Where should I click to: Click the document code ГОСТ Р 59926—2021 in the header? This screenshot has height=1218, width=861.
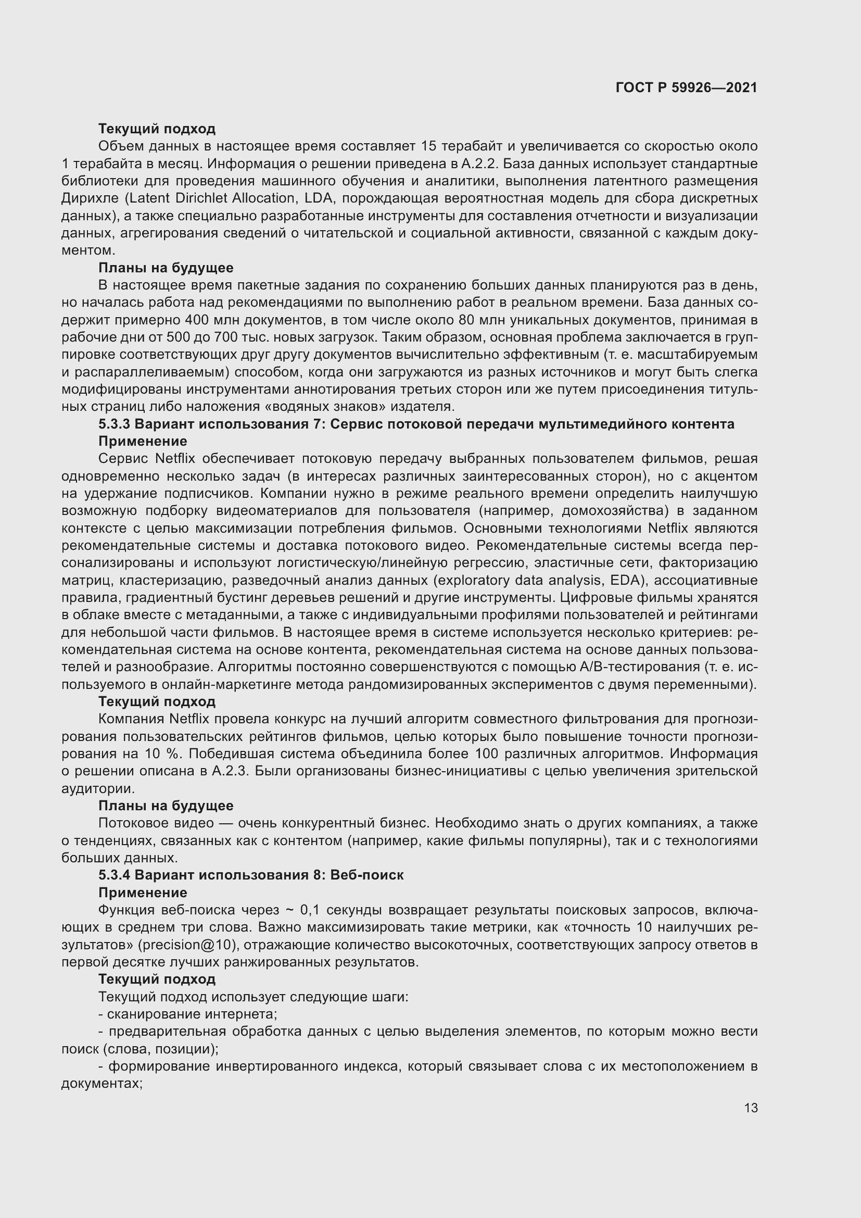click(686, 87)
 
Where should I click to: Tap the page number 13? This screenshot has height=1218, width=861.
click(751, 1108)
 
